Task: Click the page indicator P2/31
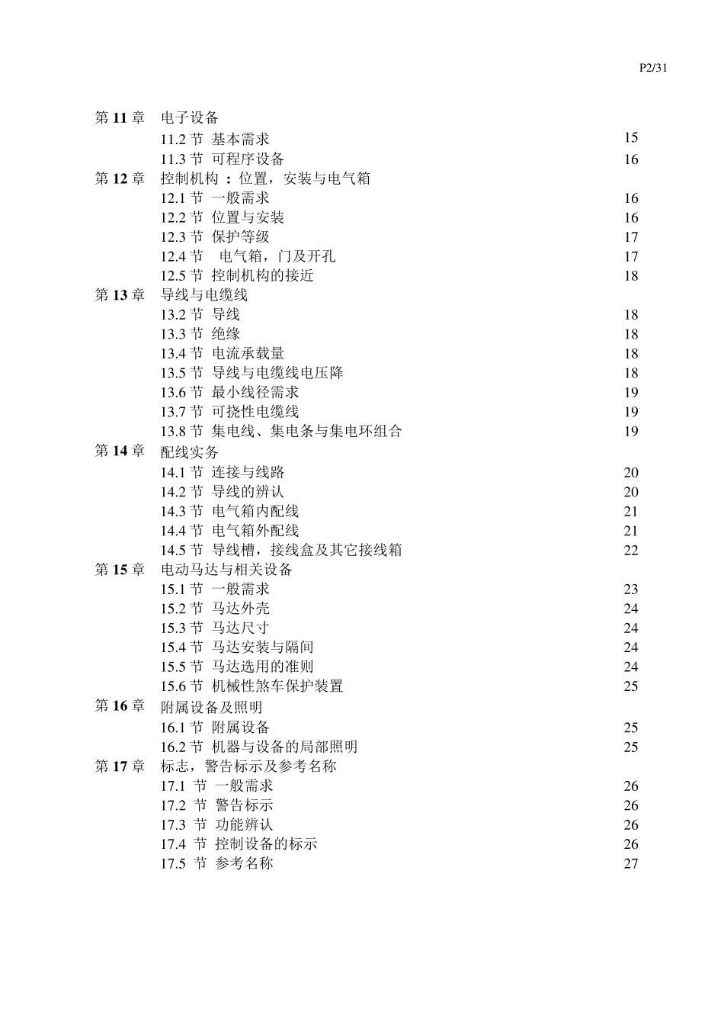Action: [x=653, y=68]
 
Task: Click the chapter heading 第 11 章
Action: [x=120, y=117]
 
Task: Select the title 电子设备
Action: [x=190, y=117]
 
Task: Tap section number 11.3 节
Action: [x=181, y=159]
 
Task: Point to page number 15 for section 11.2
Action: [x=631, y=138]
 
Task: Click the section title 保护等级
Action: [x=241, y=237]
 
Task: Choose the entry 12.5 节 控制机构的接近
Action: [x=237, y=276]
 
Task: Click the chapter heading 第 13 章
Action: [x=120, y=295]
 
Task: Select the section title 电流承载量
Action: [x=248, y=354]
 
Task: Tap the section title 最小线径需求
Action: [x=255, y=393]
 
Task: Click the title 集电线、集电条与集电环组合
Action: [x=306, y=432]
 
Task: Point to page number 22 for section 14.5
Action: [x=631, y=551]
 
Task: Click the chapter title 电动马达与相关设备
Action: [x=226, y=570]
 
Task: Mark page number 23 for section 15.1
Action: [x=631, y=590]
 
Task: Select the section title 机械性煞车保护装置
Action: [x=277, y=686]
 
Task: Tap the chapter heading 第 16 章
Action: [x=120, y=706]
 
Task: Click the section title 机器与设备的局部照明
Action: [x=284, y=747]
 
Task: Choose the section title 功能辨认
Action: [x=244, y=825]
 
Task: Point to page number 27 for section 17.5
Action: [x=631, y=864]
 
